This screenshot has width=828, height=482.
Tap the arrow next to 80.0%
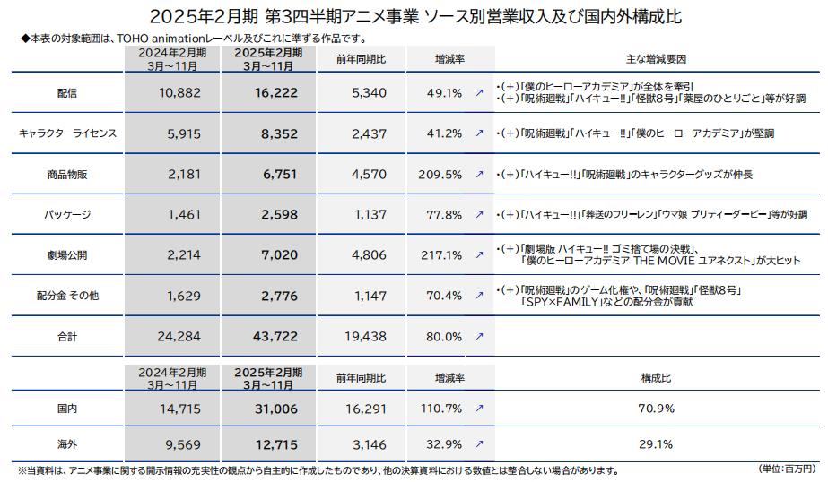pos(479,337)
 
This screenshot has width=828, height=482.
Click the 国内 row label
pos(67,408)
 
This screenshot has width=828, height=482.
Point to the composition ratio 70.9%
pos(657,408)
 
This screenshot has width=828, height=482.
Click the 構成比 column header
pos(657,378)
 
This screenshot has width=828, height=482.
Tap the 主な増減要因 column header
pos(657,59)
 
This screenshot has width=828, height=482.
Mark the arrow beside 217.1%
pos(479,255)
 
